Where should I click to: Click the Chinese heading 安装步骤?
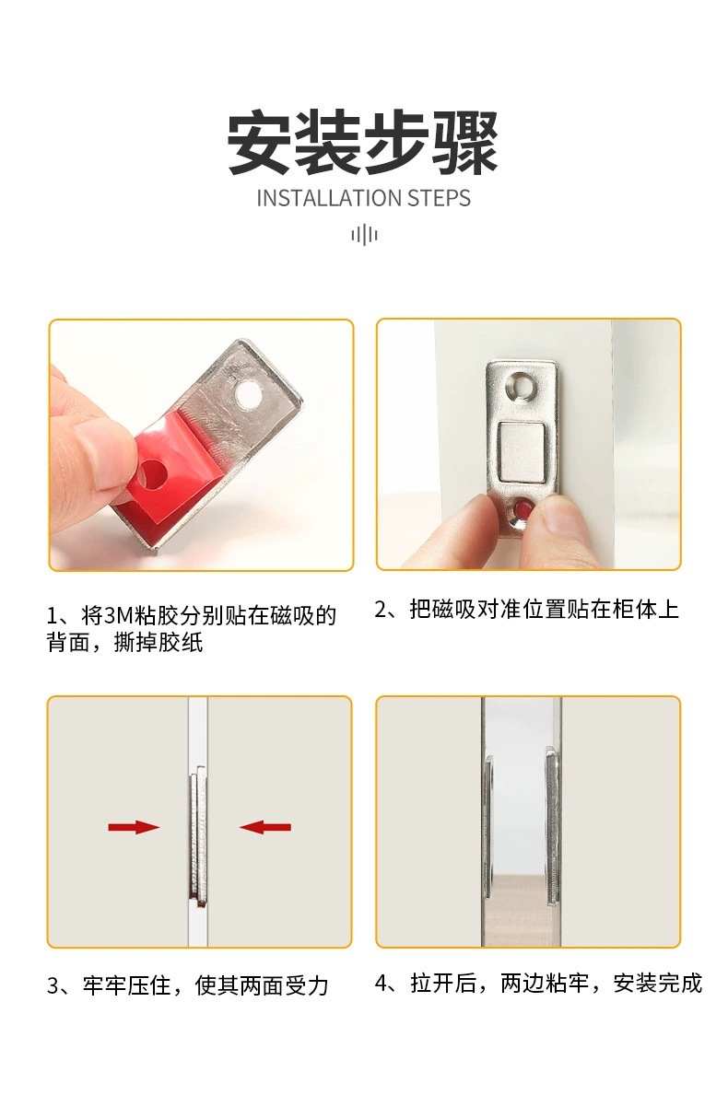pos(362,142)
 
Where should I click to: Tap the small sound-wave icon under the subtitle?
pos(364,235)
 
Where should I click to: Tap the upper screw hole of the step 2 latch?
pos(522,385)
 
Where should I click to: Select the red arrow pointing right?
pos(134,828)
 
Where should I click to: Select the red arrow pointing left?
pos(265,828)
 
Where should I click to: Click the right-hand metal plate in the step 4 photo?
pos(552,826)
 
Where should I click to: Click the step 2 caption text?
pos(527,609)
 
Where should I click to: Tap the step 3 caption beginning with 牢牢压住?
pos(187,985)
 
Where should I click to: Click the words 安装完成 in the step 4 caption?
pos(657,983)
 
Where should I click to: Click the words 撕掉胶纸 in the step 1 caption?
pos(159,643)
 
